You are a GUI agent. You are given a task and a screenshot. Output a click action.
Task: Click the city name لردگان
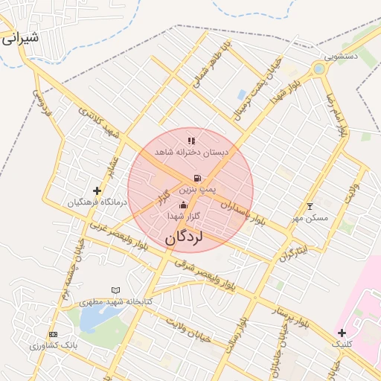click(184, 238)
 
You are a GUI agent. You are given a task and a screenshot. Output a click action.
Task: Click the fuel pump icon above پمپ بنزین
click(196, 179)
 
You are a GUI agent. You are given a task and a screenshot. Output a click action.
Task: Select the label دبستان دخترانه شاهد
click(192, 152)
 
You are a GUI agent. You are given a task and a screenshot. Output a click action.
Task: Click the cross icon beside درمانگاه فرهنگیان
click(97, 191)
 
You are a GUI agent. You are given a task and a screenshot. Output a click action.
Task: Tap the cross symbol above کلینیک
click(342, 333)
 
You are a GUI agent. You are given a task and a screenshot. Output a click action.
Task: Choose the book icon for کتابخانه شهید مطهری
click(115, 290)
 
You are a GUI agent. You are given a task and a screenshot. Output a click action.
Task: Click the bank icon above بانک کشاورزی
click(53, 335)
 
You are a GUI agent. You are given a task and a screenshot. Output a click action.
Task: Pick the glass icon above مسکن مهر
click(310, 206)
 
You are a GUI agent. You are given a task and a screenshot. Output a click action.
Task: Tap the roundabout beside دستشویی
click(318, 69)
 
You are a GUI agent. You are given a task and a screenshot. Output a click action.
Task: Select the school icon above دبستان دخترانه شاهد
click(191, 140)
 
